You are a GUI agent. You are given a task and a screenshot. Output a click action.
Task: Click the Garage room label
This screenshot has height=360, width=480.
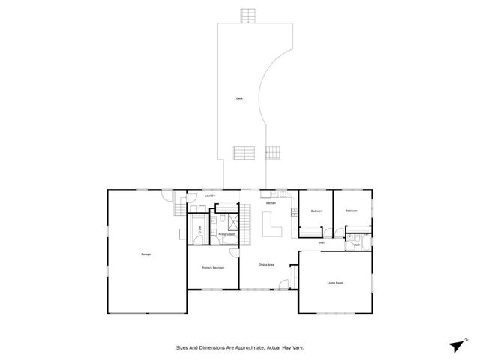(x=145, y=255)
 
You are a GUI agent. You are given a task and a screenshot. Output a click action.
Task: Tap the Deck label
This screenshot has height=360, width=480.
(x=239, y=98)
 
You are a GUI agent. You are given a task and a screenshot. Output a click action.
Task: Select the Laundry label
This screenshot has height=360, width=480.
(x=210, y=196)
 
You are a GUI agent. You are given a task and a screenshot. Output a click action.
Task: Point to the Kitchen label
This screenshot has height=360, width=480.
(x=270, y=202)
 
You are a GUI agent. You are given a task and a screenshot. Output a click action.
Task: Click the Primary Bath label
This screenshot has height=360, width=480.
(x=227, y=235)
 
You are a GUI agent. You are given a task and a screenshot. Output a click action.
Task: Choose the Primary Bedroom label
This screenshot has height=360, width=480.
(x=213, y=268)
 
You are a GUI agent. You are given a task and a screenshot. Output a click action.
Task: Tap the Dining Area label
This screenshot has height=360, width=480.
(x=266, y=265)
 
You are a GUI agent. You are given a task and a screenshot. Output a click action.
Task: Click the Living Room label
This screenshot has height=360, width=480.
(x=335, y=283)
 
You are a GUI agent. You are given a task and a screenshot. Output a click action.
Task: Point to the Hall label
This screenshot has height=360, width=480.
(x=322, y=242)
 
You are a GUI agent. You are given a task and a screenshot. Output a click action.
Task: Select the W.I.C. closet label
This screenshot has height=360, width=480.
(x=199, y=229)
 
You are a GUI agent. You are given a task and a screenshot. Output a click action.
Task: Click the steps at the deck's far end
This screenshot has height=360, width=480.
(x=248, y=15)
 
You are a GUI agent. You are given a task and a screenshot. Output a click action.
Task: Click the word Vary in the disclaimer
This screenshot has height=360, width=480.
(x=298, y=347)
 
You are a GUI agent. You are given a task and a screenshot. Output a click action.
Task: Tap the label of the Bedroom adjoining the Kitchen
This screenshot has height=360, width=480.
(x=316, y=211)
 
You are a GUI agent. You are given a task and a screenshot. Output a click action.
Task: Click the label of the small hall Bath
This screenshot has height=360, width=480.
(x=358, y=244)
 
